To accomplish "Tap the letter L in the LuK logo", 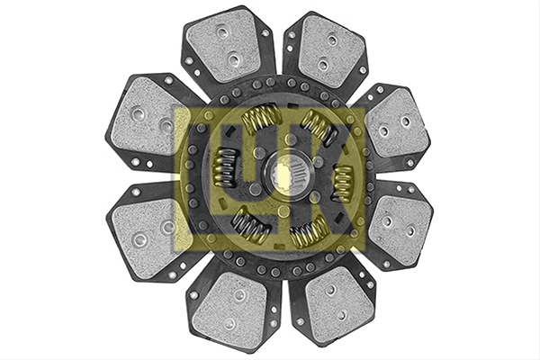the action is click(197, 179).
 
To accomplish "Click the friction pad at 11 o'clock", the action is click(224, 45).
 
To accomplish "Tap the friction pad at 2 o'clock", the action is click(396, 125).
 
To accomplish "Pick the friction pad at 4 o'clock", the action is click(400, 227).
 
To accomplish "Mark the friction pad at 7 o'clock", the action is click(230, 309).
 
